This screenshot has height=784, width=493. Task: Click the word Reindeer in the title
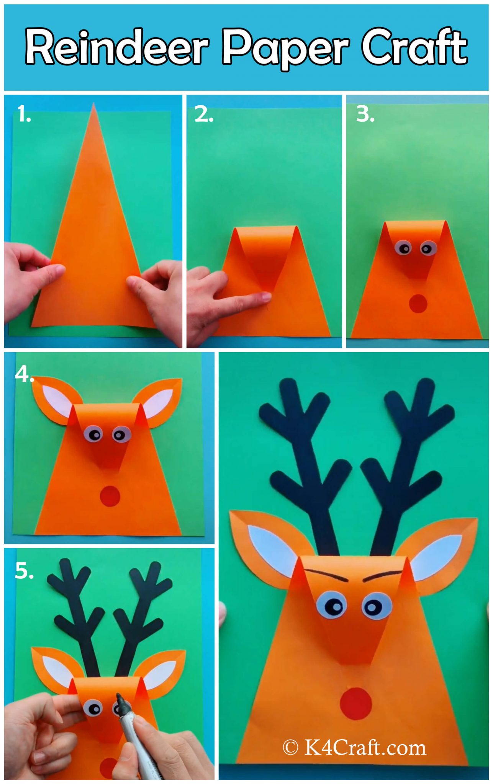117,47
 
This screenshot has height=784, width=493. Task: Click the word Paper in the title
285,47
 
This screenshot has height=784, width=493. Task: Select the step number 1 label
24,114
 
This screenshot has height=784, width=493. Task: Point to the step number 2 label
203,114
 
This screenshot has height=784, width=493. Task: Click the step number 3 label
365,114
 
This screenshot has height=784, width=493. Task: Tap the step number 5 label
24,571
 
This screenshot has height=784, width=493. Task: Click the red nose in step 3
418,304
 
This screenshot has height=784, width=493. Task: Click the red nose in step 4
110,497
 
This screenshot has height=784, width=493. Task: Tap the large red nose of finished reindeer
356,703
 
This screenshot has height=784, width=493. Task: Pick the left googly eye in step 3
404,249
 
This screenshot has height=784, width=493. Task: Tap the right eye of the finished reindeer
377,606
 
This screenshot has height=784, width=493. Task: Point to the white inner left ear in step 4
56,400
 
